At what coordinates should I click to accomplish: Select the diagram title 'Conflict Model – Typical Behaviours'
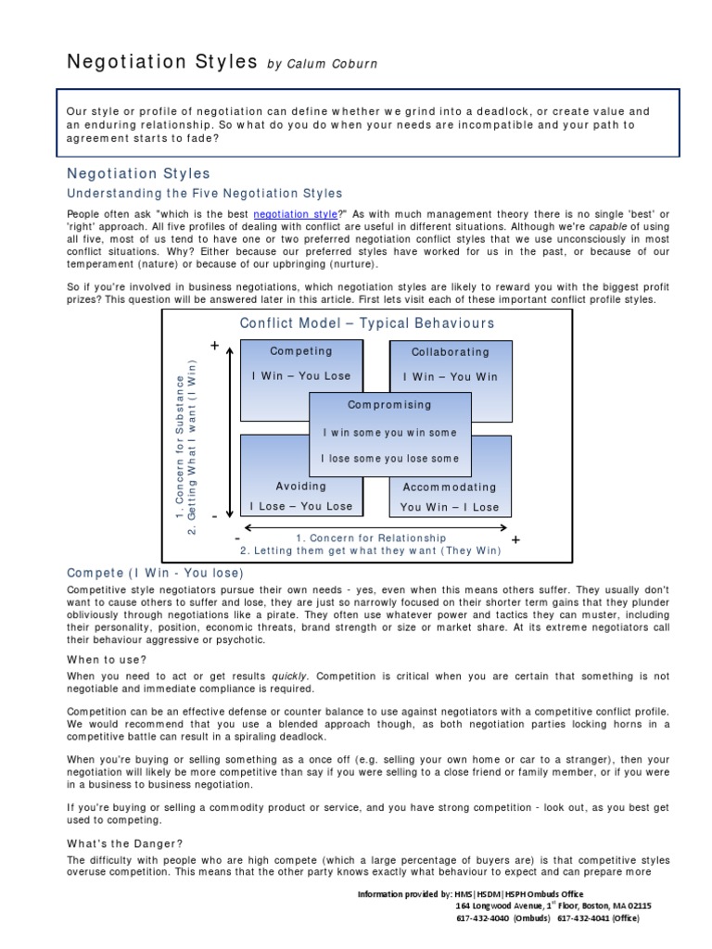point(367,323)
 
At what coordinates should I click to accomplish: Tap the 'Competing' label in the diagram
point(300,351)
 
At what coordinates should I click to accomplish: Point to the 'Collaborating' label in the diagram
point(450,352)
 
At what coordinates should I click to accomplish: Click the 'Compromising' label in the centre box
point(389,405)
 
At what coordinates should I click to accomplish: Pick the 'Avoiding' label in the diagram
point(301,487)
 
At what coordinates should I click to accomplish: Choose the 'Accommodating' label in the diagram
point(450,487)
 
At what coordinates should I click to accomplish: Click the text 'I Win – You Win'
point(450,377)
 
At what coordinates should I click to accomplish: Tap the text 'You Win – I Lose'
point(450,507)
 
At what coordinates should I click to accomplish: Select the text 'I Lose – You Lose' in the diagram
point(301,507)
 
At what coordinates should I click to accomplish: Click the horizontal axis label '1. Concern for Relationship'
point(371,538)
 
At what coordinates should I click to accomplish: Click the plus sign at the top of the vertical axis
point(215,346)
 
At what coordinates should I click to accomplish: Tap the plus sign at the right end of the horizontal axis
point(516,539)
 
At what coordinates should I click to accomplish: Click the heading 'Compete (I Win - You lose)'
point(156,574)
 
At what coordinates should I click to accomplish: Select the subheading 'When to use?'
point(107,659)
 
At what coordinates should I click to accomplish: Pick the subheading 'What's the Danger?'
point(125,843)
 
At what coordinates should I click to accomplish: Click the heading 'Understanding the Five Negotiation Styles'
point(205,194)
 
